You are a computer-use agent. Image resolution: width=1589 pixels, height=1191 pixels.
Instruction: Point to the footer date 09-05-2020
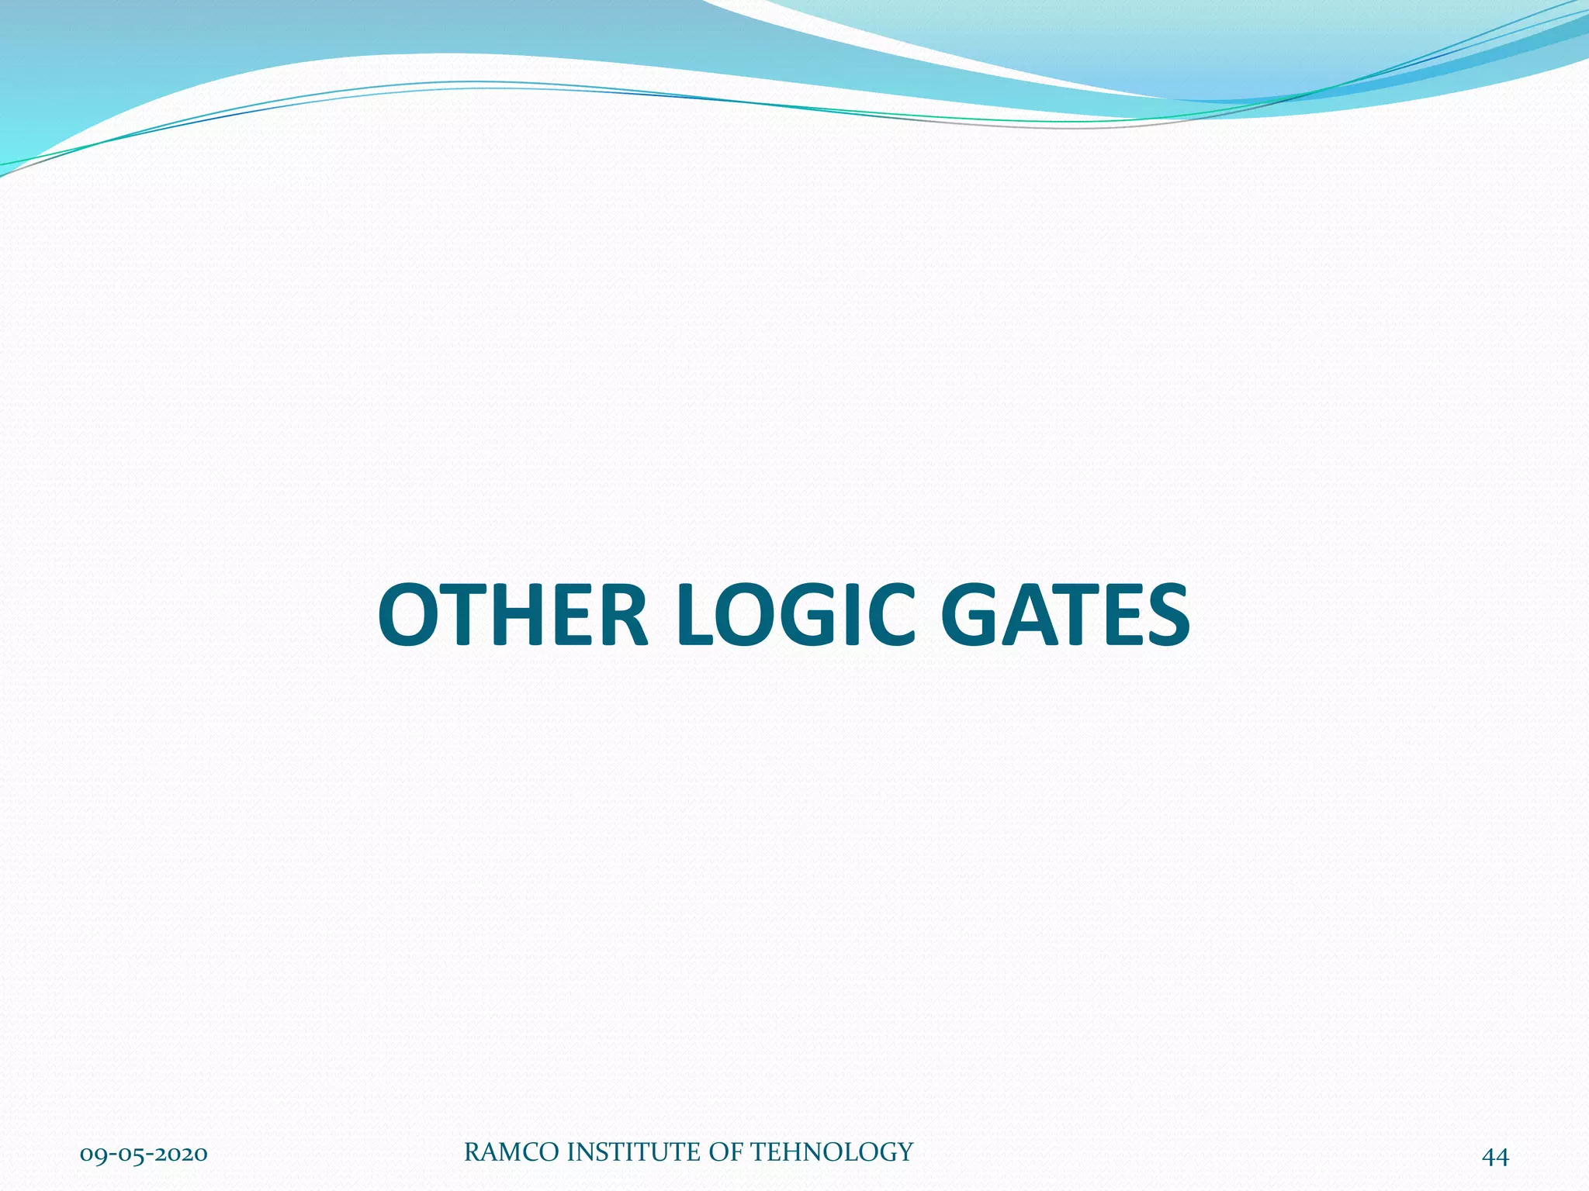144,1155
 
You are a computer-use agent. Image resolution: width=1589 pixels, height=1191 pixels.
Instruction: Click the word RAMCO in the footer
512,1152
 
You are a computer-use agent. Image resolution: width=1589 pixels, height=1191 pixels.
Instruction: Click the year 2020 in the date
182,1155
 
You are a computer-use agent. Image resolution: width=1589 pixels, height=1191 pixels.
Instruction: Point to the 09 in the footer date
93,1155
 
